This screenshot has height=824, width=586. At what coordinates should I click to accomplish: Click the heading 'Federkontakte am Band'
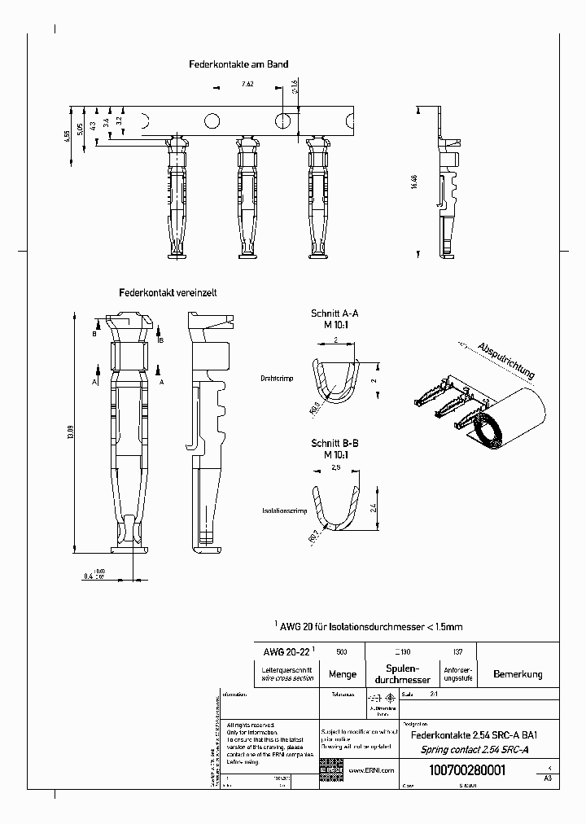tap(238, 64)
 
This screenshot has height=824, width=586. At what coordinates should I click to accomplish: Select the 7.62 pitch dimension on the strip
tap(247, 84)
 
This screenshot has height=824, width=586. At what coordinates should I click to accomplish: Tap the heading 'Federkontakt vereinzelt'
tap(168, 291)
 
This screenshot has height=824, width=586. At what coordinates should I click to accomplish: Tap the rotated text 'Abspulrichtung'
tap(506, 361)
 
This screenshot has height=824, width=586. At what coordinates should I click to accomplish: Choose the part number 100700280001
tap(466, 771)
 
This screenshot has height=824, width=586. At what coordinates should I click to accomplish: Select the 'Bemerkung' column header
tap(517, 674)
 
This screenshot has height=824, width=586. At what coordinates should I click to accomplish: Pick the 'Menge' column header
tap(342, 674)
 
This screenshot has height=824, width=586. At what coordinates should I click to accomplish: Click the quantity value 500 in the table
tap(342, 651)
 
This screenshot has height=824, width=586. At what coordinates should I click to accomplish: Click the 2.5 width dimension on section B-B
tap(335, 470)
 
